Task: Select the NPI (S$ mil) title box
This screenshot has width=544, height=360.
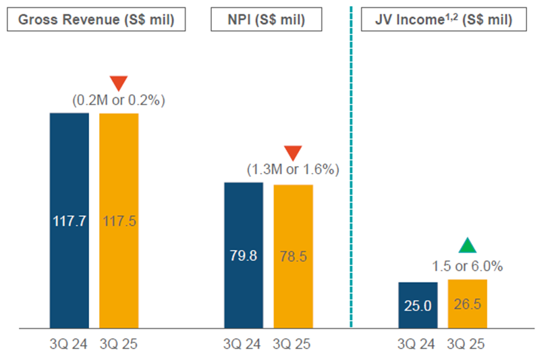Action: [267, 20]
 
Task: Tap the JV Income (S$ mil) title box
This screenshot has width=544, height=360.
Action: [443, 20]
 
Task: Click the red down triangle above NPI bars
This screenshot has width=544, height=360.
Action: [293, 153]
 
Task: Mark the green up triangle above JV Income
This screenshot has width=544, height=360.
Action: [467, 246]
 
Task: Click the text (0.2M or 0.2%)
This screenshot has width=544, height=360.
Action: [119, 101]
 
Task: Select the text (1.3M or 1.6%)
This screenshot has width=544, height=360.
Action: [292, 170]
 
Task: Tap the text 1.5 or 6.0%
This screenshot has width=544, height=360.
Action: [467, 265]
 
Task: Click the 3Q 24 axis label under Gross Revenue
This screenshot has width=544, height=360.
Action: [70, 344]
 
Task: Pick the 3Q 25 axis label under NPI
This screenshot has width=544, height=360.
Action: [292, 344]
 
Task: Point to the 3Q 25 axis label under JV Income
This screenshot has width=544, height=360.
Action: [466, 344]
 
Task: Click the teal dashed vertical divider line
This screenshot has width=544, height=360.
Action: [352, 169]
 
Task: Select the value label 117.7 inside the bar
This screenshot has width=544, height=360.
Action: [70, 221]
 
